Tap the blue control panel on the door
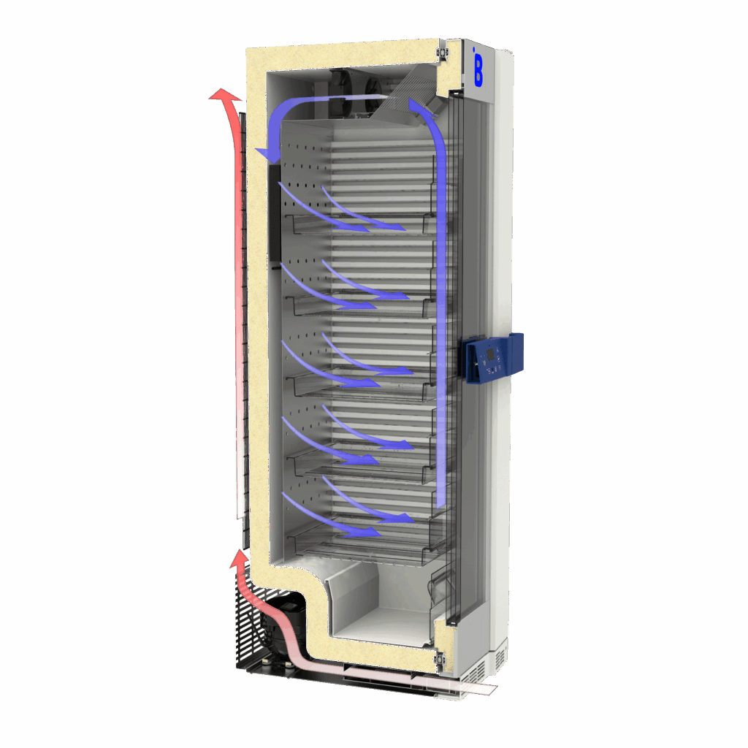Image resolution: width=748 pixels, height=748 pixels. pyautogui.click(x=491, y=357)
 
